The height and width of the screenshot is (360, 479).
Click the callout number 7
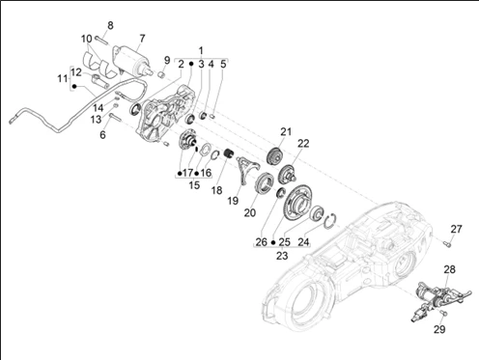pyautogui.click(x=142, y=39)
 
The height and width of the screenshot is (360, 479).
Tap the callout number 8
pyautogui.click(x=109, y=25)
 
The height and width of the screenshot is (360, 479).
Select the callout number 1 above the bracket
pyautogui.click(x=201, y=49)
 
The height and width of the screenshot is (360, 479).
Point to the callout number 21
pyautogui.click(x=285, y=131)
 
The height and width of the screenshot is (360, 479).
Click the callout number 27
pyautogui.click(x=457, y=229)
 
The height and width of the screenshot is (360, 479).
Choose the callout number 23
pyautogui.click(x=282, y=256)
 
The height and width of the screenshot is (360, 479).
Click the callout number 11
pyautogui.click(x=62, y=78)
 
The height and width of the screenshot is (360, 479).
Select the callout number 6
pyautogui.click(x=102, y=135)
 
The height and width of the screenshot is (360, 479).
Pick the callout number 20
pyautogui.click(x=250, y=213)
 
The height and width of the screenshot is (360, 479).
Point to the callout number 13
pyautogui.click(x=97, y=120)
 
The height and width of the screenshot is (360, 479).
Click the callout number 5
pyautogui.click(x=223, y=64)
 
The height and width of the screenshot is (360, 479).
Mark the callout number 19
pyautogui.click(x=232, y=201)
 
